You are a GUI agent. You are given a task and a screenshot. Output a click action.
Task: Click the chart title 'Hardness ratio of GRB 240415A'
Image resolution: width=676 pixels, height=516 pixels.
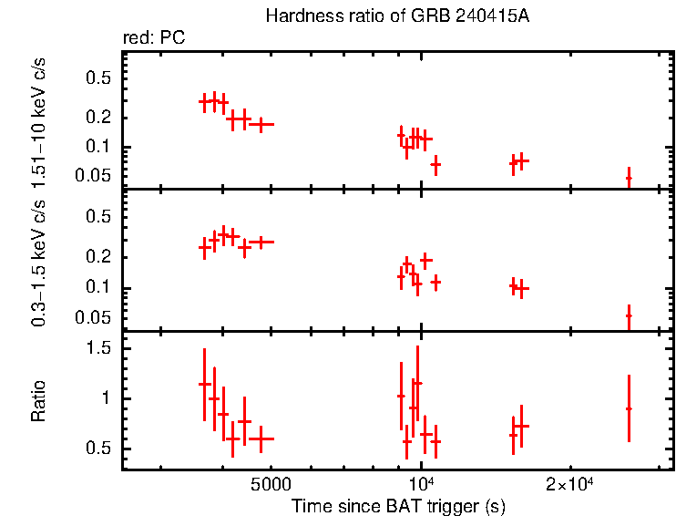coord(397,16)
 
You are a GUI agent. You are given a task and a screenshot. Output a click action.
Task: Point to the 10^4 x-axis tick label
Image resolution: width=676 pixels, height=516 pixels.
coord(422,483)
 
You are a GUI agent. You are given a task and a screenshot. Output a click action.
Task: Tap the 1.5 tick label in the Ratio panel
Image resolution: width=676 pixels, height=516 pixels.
coord(99,349)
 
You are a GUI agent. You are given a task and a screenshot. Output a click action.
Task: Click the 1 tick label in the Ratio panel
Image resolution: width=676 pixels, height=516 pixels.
coord(107,399)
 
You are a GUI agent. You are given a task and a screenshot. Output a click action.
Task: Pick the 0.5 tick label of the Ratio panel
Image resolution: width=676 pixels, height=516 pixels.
coord(99,449)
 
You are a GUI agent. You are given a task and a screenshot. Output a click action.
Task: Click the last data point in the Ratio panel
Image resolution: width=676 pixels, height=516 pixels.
coord(629,408)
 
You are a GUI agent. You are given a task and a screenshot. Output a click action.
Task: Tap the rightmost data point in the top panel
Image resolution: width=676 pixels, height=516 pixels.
coord(629,177)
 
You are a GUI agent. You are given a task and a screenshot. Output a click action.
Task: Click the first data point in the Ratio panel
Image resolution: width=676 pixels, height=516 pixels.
coord(205,384)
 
